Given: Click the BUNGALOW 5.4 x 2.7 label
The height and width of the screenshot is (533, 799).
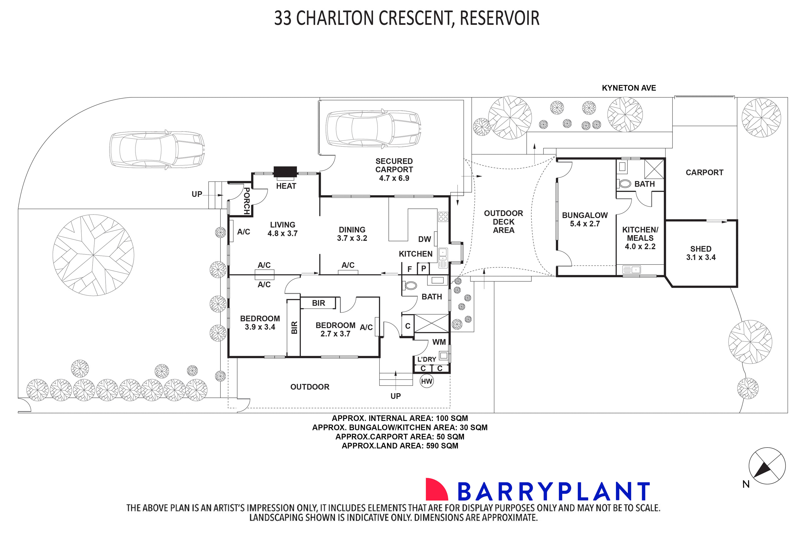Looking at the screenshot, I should coord(585,219).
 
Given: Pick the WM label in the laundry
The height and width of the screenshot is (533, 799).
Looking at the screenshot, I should coord(439,342).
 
